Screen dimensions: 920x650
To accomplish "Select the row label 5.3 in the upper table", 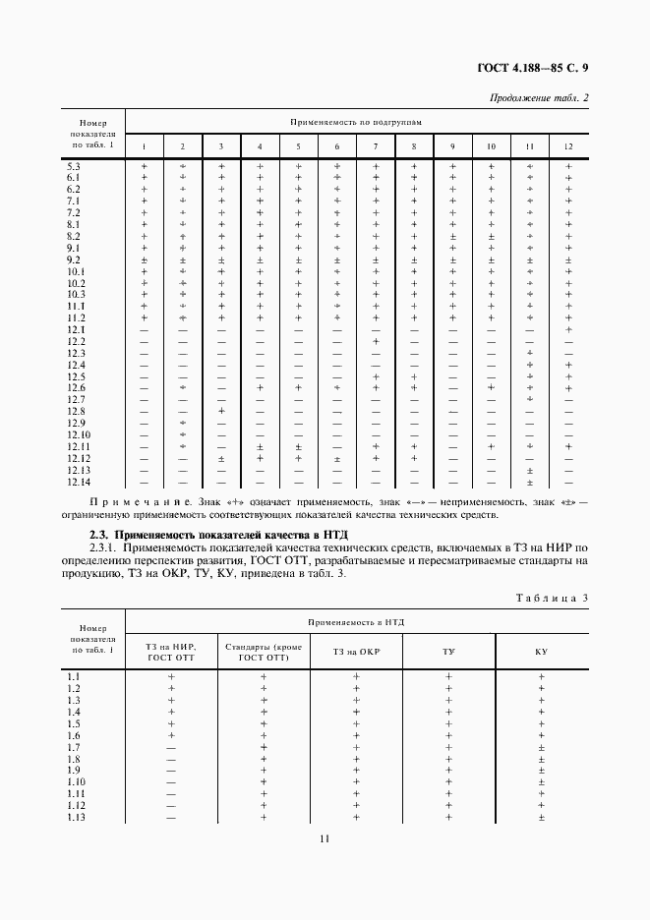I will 74,166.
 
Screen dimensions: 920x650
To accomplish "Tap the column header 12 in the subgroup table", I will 568,146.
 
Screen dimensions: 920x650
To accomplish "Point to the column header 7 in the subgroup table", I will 376,146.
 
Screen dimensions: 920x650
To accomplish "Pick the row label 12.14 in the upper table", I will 79,482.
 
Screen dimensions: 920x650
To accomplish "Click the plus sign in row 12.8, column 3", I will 221,411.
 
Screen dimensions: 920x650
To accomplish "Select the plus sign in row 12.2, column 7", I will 376,341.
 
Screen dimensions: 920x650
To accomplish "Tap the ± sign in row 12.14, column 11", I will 530,482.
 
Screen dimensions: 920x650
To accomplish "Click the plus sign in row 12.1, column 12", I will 568,329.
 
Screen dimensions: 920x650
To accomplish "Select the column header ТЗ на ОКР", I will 356,651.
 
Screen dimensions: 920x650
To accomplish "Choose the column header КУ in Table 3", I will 542,651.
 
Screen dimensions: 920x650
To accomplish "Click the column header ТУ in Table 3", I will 448,651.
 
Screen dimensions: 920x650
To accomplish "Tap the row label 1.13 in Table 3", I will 76,817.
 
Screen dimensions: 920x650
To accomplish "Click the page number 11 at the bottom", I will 325,838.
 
